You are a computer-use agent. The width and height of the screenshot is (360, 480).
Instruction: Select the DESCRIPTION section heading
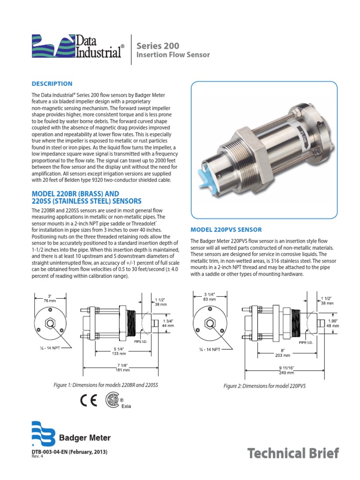[x=52, y=84]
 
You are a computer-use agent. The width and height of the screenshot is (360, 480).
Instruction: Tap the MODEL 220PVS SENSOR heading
[x=225, y=230]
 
